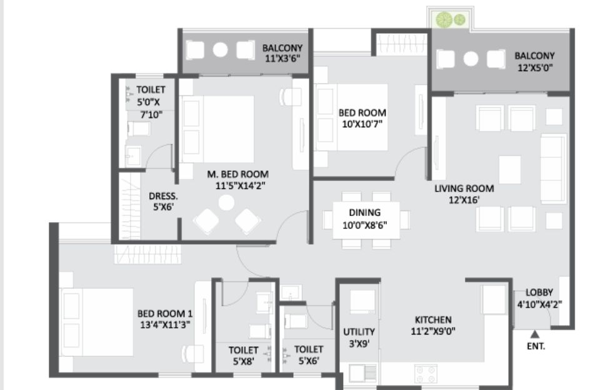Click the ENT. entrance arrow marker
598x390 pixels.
click(x=535, y=334)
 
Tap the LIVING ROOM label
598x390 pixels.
click(x=464, y=188)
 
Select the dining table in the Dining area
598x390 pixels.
click(x=366, y=220)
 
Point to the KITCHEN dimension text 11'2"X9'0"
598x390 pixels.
click(x=433, y=331)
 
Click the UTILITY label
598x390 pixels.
click(x=359, y=332)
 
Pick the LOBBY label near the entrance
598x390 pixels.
click(x=539, y=293)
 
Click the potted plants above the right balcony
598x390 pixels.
click(x=451, y=19)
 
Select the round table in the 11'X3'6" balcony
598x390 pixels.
click(x=220, y=50)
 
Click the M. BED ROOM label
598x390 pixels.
click(x=237, y=175)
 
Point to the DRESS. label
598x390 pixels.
click(x=163, y=197)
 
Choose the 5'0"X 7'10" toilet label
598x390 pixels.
click(x=151, y=102)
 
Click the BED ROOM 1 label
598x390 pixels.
click(x=165, y=314)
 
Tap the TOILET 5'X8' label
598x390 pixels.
click(x=243, y=355)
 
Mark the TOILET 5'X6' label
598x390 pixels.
click(x=309, y=355)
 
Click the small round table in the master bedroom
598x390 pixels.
click(x=226, y=203)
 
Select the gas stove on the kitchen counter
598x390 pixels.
click(x=426, y=374)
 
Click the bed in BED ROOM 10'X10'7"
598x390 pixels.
click(x=351, y=117)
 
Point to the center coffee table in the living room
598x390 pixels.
click(x=510, y=170)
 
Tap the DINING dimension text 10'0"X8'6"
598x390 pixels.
click(x=364, y=225)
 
